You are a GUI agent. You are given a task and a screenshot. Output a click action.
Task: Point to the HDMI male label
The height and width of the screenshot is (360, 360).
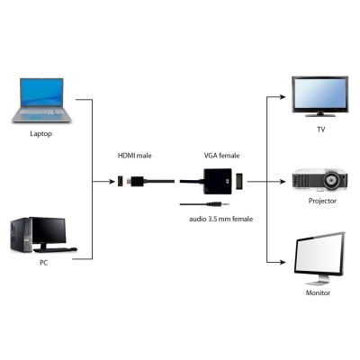point(135,155)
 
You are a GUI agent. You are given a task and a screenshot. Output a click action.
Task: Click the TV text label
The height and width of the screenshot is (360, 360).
point(319,129)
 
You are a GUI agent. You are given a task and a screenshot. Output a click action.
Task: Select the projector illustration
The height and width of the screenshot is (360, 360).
point(319,179)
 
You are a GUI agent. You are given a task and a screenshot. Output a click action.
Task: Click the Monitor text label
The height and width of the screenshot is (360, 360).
point(319,292)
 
